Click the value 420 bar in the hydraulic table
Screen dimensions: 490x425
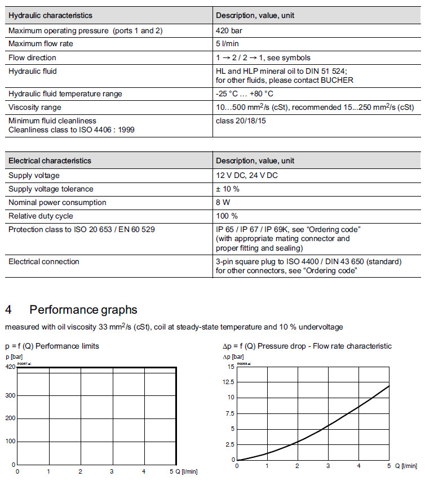point(229,30)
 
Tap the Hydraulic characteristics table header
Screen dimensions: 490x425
point(50,15)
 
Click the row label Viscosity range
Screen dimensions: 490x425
point(35,107)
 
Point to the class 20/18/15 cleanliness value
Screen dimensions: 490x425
point(241,121)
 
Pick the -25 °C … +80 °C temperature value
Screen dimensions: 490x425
point(245,93)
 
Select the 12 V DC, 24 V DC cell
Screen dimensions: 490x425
point(247,175)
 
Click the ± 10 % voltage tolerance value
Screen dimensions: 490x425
point(228,189)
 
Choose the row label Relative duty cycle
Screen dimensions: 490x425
point(41,216)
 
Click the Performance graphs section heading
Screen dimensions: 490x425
point(83,310)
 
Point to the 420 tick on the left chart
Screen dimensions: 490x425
point(10,367)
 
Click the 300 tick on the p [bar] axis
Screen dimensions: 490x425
point(10,396)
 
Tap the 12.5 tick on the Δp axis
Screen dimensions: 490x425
point(227,382)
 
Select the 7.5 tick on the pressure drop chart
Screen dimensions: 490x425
point(229,413)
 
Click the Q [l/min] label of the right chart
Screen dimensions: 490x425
point(406,466)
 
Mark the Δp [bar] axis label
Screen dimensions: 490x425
point(233,357)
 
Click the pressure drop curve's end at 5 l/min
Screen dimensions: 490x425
point(389,386)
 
